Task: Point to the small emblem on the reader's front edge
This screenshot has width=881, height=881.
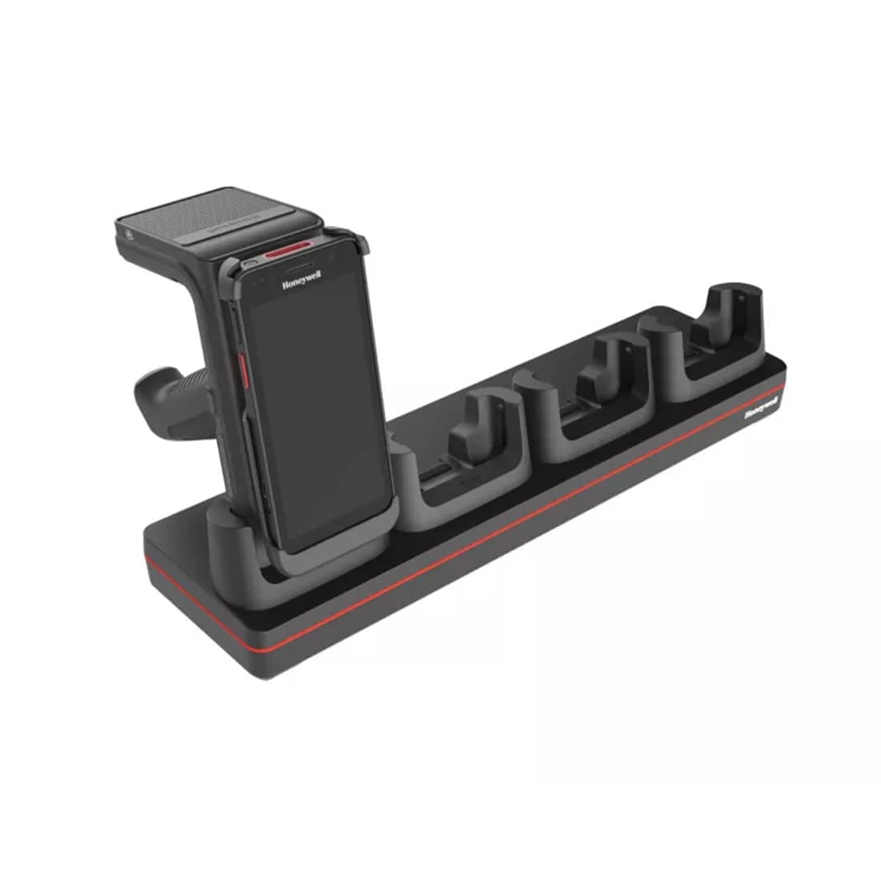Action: point(127,237)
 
